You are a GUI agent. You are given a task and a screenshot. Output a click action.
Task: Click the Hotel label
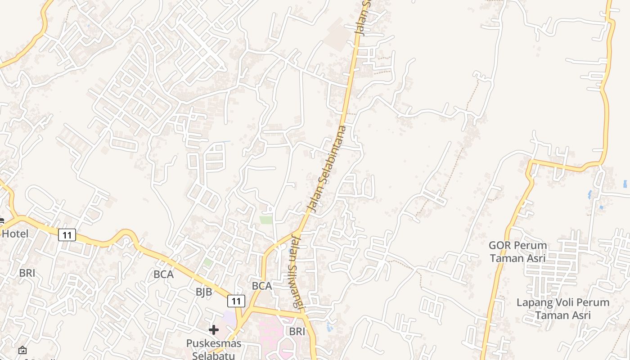coord(15,234)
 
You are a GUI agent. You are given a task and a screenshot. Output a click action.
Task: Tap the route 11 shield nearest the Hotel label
coord(67,234)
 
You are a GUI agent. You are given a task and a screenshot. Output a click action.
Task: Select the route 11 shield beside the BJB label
coord(236,301)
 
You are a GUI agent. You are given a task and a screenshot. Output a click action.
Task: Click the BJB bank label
coord(204,292)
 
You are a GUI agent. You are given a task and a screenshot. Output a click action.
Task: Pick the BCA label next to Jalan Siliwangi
coord(262,286)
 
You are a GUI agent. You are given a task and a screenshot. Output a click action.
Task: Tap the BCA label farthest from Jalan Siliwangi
coord(163,274)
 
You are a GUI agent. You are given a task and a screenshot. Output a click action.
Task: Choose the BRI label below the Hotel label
coord(27,273)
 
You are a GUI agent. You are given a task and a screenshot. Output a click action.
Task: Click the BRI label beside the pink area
coord(297,332)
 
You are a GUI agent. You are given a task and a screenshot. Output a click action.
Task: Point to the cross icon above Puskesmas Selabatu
coord(214,330)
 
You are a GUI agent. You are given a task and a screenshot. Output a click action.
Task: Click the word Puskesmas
coord(214,343)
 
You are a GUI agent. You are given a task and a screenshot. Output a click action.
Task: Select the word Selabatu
coord(214,355)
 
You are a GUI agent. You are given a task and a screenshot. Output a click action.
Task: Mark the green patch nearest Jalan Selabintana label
coord(266,220)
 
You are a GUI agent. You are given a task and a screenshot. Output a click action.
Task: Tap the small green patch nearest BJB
coord(207,261)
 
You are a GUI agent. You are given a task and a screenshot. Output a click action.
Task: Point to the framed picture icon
coord(22,350)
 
